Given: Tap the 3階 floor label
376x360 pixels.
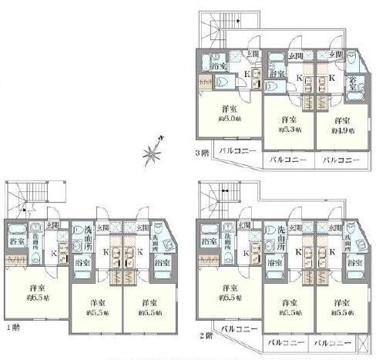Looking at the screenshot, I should click(x=201, y=153).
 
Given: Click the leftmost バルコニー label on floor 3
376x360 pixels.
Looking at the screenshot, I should click(x=237, y=151).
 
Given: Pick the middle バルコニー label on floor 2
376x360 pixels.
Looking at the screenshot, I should click(x=287, y=339).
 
